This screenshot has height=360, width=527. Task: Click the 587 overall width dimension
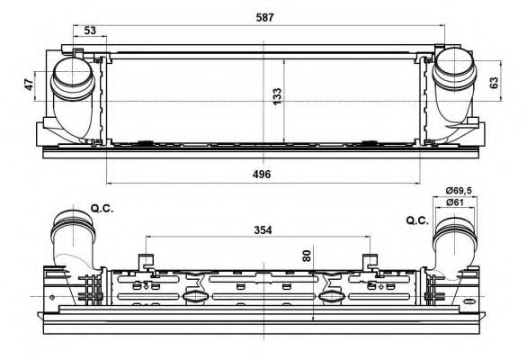[x=263, y=15]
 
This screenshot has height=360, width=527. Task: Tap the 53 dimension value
[x=89, y=31]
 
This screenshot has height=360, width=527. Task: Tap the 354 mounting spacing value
[x=263, y=229]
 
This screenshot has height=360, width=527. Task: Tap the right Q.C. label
[x=417, y=220]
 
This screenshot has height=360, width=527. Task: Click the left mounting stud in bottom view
[x=143, y=263]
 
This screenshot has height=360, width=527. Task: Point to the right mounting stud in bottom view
[x=369, y=263]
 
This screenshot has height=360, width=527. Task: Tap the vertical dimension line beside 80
[x=312, y=279]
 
